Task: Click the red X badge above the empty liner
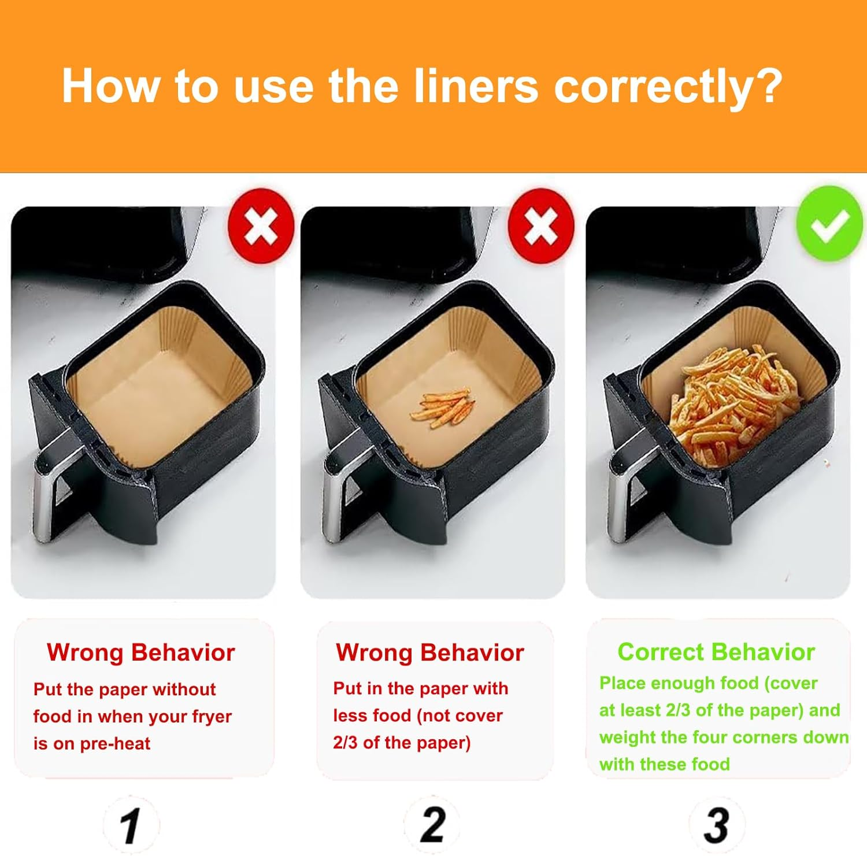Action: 261,225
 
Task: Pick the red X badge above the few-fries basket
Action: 541,225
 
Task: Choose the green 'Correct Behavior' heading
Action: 716,652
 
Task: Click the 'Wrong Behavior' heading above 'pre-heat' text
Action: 141,653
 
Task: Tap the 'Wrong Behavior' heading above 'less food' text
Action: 430,653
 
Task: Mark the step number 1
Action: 131,825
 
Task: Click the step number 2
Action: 433,825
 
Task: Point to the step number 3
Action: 717,825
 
